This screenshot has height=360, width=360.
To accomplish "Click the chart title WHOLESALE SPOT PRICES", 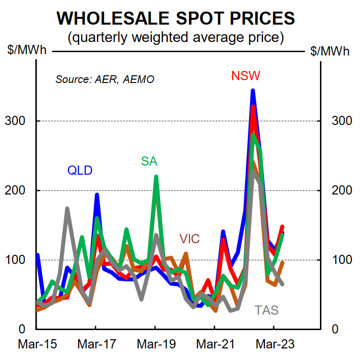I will click(176, 18).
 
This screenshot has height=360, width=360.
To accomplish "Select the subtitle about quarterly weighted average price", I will click(176, 37).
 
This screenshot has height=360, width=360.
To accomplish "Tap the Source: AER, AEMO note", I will click(105, 79).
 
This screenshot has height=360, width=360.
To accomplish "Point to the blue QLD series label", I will click(80, 170).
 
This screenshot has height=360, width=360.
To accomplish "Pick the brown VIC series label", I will click(189, 238).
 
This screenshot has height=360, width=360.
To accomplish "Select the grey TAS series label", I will click(267, 310).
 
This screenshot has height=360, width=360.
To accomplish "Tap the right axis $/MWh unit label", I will click(331, 51).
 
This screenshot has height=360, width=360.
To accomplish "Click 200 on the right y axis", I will click(340, 190).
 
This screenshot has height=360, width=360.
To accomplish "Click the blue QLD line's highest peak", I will click(252, 90).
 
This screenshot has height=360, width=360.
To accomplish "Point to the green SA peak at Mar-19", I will click(156, 177).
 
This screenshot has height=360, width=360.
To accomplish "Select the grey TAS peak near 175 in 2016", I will click(67, 208).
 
